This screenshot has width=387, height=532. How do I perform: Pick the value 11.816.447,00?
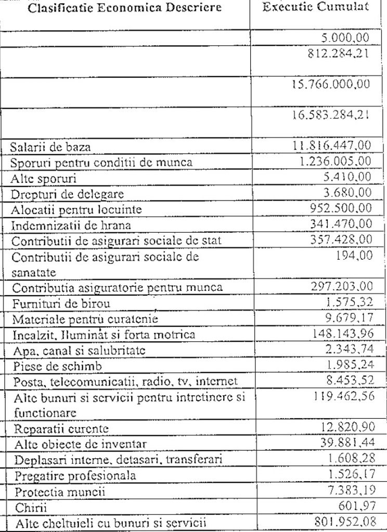coord(331,147)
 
